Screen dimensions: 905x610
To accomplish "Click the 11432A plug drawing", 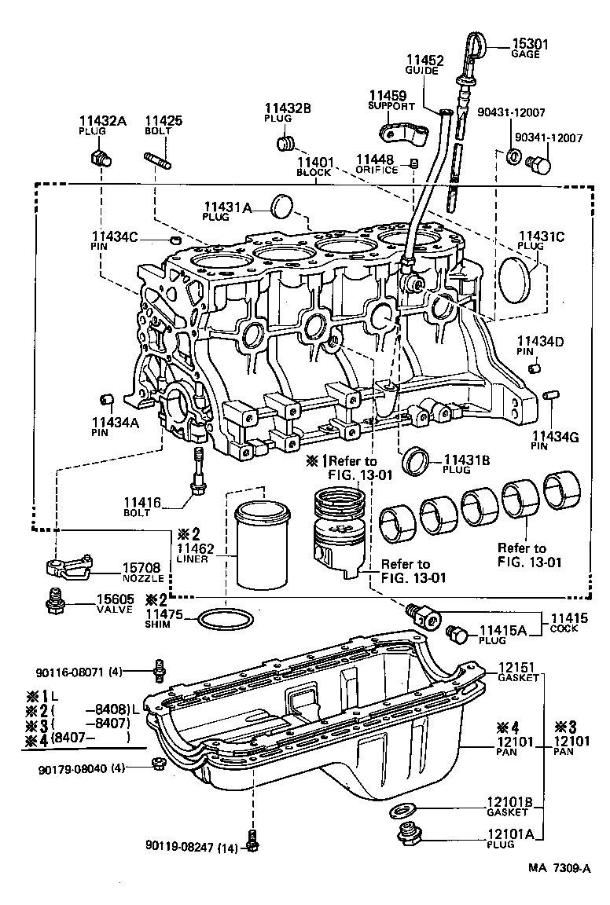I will click(x=101, y=160).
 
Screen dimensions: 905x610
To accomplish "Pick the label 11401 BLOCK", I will click(x=315, y=166).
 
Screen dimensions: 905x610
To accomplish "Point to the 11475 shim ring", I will click(x=226, y=618).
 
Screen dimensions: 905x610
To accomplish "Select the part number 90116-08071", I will click(x=69, y=672).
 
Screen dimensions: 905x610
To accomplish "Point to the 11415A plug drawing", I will click(x=457, y=635).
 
